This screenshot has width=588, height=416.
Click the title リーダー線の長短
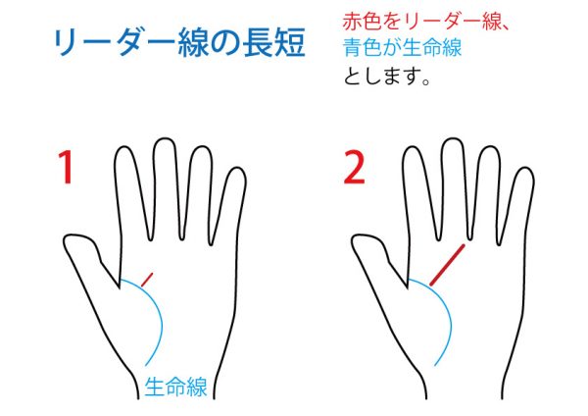(x=179, y=42)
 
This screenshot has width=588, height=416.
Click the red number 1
(x=66, y=167)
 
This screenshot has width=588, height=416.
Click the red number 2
(x=354, y=168)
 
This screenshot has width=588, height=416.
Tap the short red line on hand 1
(x=147, y=280)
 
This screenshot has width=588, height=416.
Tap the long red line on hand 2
(x=448, y=265)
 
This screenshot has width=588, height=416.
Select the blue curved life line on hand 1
(x=159, y=312)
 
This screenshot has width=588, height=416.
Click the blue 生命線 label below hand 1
(x=175, y=387)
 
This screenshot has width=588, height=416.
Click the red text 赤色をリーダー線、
(x=425, y=22)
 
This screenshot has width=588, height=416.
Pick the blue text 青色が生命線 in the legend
(x=402, y=48)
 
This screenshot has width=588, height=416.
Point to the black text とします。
(x=387, y=76)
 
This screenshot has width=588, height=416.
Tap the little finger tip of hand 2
(x=525, y=169)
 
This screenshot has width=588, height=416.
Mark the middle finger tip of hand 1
(x=164, y=138)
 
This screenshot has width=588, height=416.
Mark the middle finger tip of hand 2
(x=453, y=138)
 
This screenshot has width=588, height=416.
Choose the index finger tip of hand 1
(x=123, y=146)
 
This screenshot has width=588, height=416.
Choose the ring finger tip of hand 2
(x=490, y=147)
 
